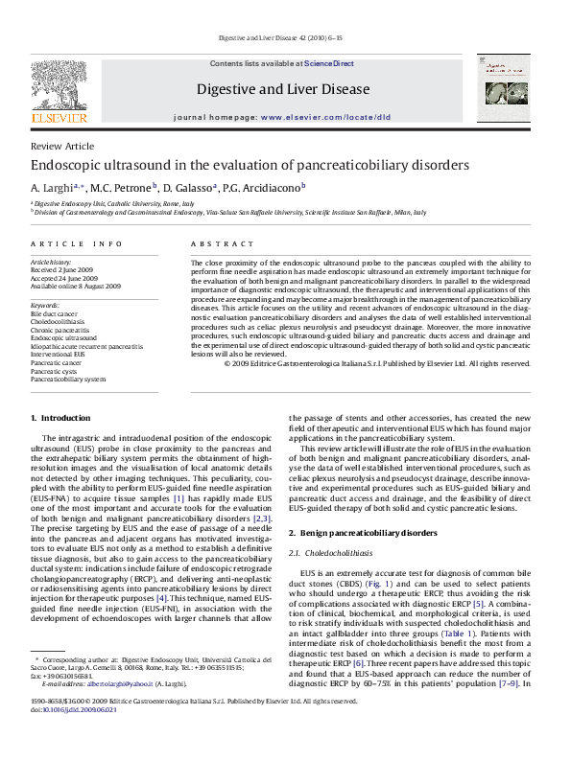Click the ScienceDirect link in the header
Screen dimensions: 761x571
click(332, 62)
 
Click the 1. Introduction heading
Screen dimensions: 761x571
click(60, 418)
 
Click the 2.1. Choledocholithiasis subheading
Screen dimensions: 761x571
click(333, 553)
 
